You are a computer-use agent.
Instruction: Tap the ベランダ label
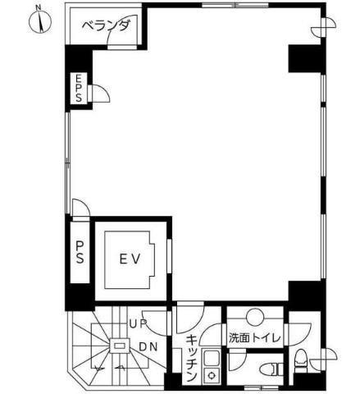[106, 26]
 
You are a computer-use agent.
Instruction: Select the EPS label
[79, 89]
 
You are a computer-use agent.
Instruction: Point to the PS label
[80, 252]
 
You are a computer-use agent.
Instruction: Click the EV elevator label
[130, 259]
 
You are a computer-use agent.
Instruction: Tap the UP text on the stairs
[138, 324]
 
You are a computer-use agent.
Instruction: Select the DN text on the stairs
[148, 347]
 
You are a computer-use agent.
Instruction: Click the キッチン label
[192, 359]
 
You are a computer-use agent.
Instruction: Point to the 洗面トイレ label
[255, 338]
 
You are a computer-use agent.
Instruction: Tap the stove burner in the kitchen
[212, 375]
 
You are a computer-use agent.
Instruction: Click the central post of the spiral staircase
[120, 346]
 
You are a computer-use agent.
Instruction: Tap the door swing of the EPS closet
[101, 94]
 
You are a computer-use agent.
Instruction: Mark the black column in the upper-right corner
[307, 59]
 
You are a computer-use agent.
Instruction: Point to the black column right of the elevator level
[307, 295]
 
